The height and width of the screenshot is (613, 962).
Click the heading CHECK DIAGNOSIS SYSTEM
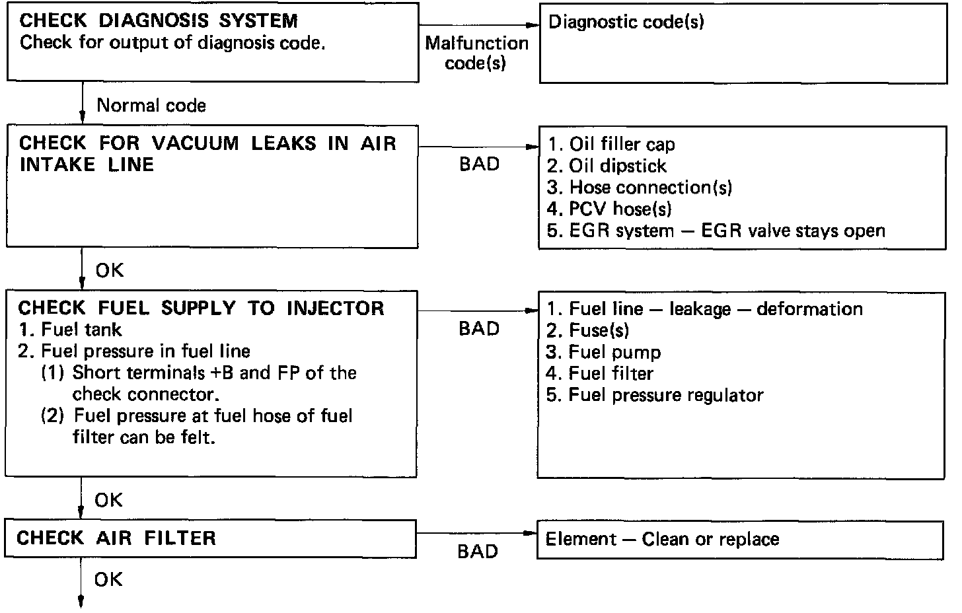point(159,20)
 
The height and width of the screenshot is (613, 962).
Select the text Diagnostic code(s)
point(626,22)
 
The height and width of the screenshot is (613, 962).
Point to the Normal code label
point(151,105)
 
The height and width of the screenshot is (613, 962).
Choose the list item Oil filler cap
point(611,144)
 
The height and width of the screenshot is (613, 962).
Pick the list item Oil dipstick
point(607,166)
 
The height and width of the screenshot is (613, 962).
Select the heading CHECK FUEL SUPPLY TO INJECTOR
point(201,308)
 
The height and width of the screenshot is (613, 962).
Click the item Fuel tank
point(71,329)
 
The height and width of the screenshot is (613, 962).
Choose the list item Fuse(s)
point(588,330)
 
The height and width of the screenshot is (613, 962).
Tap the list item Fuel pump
point(603,352)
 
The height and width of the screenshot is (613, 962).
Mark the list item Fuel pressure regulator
point(655,395)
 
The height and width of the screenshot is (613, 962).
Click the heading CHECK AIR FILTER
point(116,538)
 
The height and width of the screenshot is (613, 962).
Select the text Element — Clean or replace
point(662,539)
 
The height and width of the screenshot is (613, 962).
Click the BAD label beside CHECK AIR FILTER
point(478,551)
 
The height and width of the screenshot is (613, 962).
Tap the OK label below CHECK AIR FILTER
point(108,579)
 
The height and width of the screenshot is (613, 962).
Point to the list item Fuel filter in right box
point(600,374)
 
